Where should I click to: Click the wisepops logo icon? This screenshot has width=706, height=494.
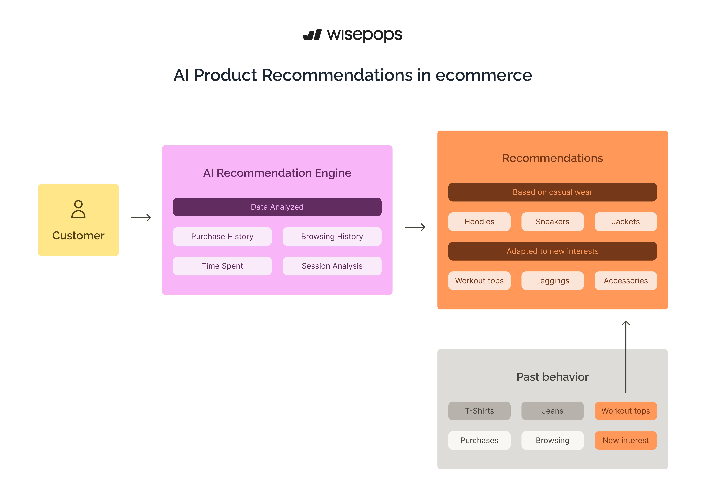312,35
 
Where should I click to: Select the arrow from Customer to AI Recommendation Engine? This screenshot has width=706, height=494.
141,218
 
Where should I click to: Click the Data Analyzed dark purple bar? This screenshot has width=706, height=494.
277,207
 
